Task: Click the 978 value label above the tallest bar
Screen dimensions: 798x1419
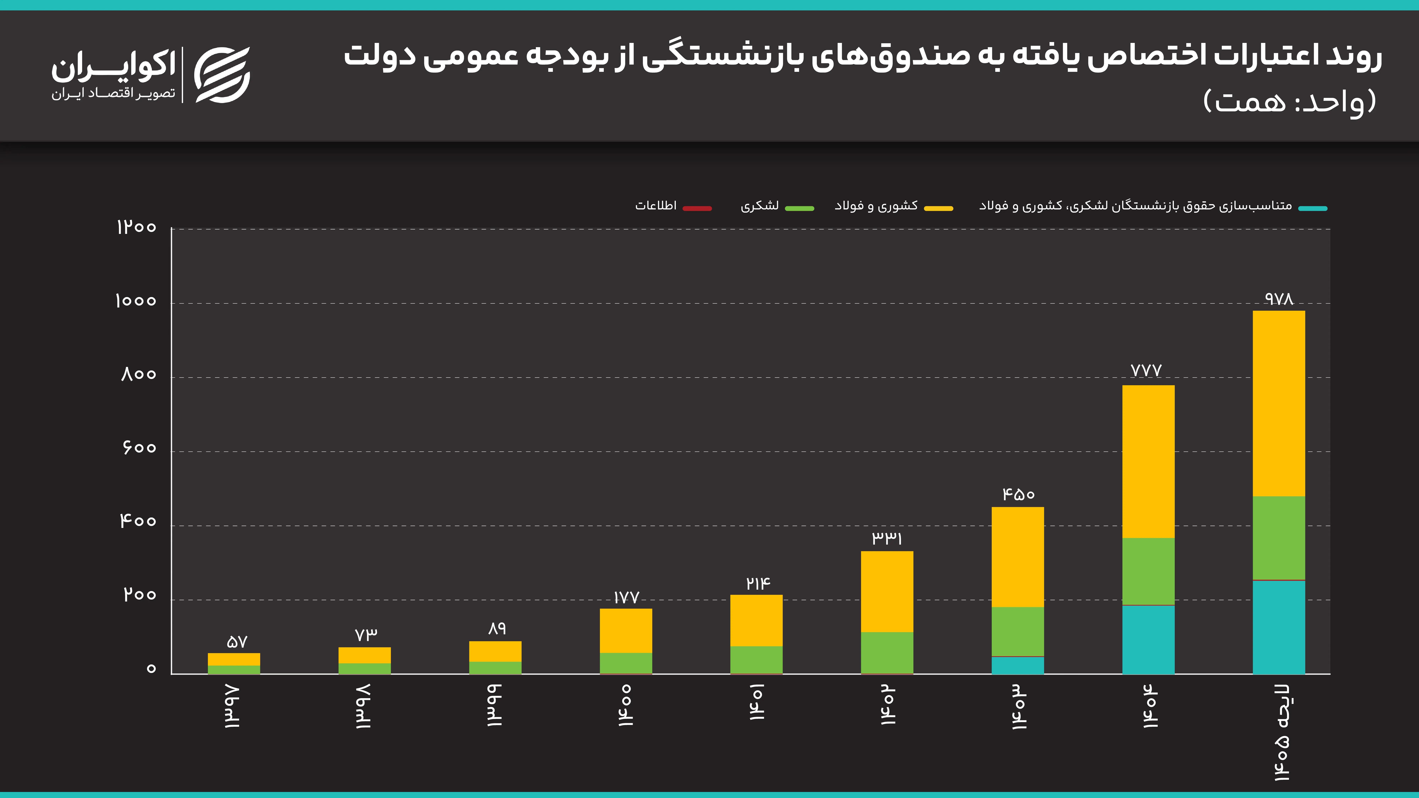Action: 1279,299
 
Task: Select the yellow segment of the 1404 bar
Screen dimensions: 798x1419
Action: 1148,461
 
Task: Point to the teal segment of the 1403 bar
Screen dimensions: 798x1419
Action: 1017,665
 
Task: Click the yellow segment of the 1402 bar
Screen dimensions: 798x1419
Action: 887,591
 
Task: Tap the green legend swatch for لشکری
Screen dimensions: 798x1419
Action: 799,208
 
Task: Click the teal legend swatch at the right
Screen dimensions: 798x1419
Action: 1313,208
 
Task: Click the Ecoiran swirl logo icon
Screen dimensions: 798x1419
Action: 223,75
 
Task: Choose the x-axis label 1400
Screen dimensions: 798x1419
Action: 625,705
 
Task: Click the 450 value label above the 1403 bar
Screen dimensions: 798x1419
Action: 1018,494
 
